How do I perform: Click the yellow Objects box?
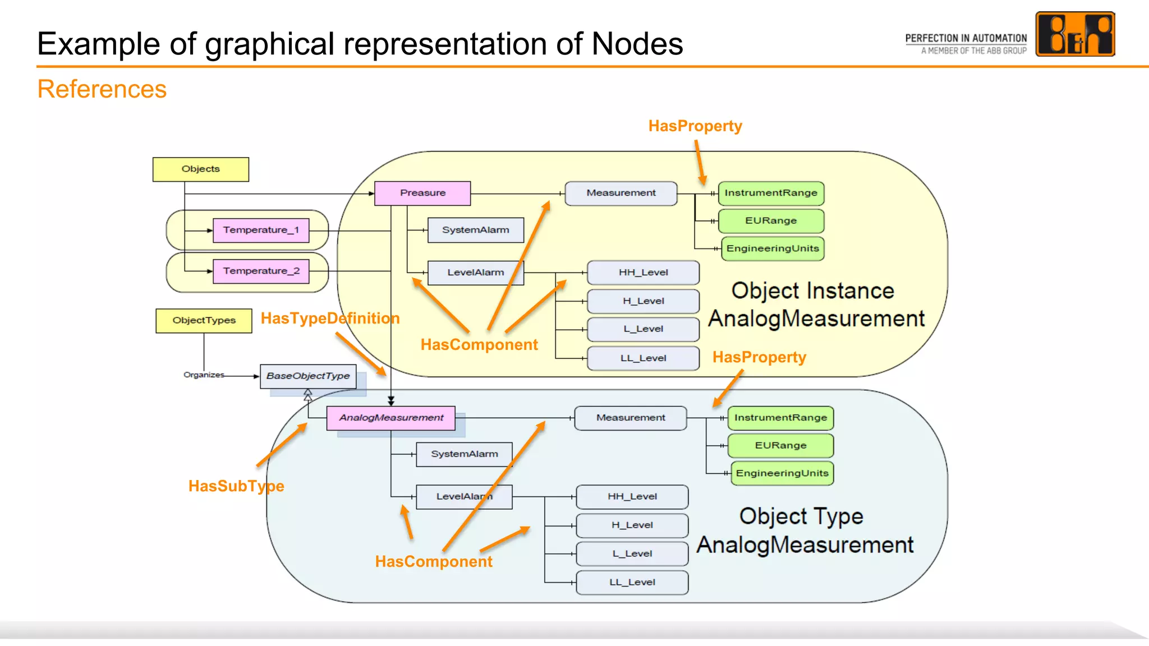pos(200,169)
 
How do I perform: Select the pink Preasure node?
pos(422,193)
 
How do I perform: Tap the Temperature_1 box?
pos(261,230)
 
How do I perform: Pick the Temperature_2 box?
pos(261,271)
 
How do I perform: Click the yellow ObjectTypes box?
pos(204,320)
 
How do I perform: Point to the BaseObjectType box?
pos(307,376)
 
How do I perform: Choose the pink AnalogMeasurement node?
pos(390,418)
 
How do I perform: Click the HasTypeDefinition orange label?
pos(330,319)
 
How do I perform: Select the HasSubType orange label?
pos(236,486)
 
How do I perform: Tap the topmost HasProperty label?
pos(695,126)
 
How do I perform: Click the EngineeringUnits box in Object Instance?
pos(772,248)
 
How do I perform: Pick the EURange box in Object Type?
pos(780,445)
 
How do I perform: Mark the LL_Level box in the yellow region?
pos(643,358)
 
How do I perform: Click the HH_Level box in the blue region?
pos(632,496)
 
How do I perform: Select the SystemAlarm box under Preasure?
pos(475,230)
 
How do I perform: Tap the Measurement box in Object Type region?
pos(630,418)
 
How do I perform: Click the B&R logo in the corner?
pos(1074,34)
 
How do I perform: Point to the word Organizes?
pos(204,375)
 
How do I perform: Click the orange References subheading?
pos(102,89)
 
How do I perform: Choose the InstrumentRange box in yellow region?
pos(770,193)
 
